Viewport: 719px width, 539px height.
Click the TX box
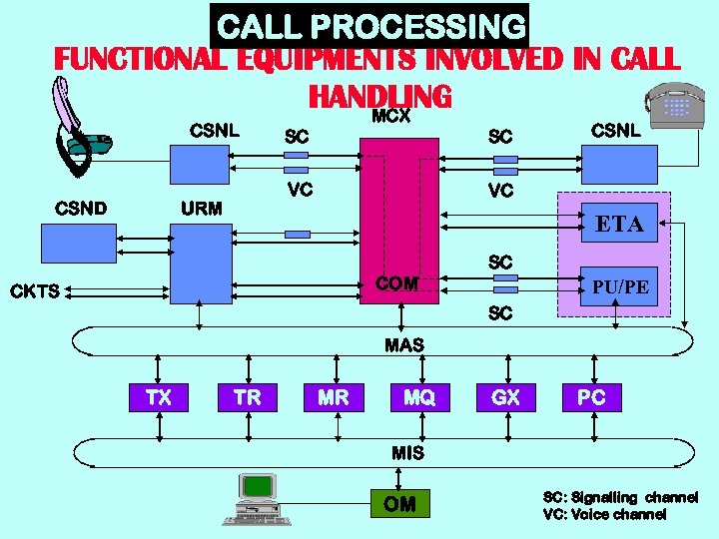pyautogui.click(x=158, y=397)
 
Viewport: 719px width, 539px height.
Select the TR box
pyautogui.click(x=247, y=397)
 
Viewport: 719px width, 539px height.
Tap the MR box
pyautogui.click(x=334, y=397)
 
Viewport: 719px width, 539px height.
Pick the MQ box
pyautogui.click(x=419, y=397)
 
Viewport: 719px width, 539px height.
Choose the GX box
pyautogui.click(x=506, y=397)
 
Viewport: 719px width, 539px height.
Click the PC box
pyautogui.click(x=591, y=397)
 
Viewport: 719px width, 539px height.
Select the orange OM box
pyautogui.click(x=399, y=504)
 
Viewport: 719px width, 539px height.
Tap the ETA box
pyautogui.click(x=619, y=225)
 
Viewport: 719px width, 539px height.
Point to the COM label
pyautogui.click(x=396, y=283)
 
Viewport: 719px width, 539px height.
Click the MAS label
pyautogui.click(x=404, y=345)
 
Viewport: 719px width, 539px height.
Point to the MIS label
pyautogui.click(x=407, y=452)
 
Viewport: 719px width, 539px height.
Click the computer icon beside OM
pyautogui.click(x=258, y=499)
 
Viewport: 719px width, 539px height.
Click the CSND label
pyautogui.click(x=82, y=209)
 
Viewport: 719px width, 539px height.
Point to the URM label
pyautogui.click(x=201, y=209)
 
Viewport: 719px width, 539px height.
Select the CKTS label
pyautogui.click(x=35, y=291)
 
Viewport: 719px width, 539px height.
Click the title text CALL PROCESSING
pyautogui.click(x=370, y=26)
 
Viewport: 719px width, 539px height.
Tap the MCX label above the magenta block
pyautogui.click(x=391, y=116)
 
